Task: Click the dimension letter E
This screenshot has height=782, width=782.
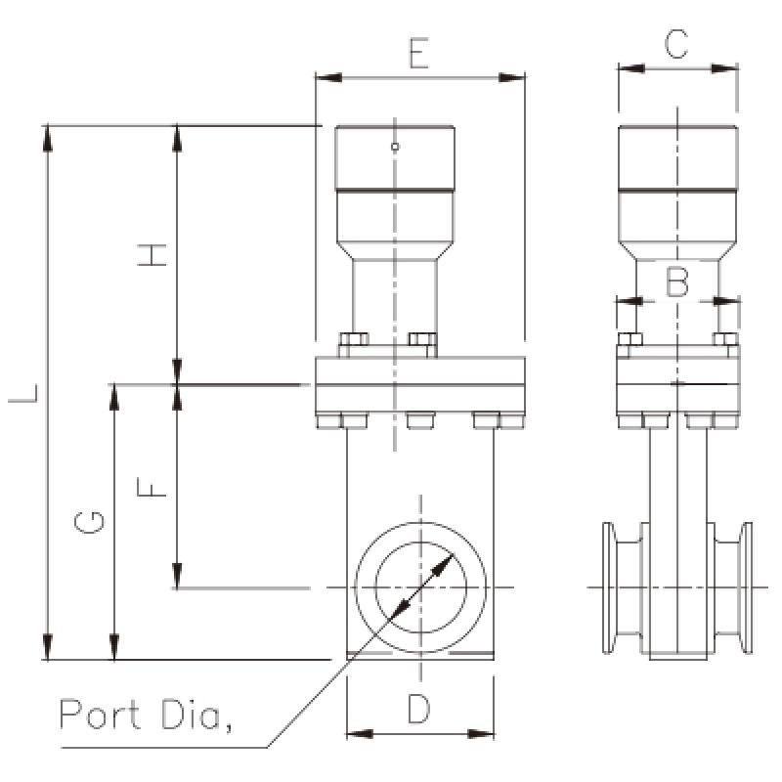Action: point(418,54)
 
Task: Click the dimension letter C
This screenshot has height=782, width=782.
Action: point(676,44)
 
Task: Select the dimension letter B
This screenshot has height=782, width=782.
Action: point(677,282)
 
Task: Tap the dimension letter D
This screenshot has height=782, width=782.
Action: point(418,710)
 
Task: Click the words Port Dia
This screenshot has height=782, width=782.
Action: point(147,715)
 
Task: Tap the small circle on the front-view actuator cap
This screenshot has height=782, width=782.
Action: point(395,148)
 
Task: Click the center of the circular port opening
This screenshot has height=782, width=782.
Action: point(420,586)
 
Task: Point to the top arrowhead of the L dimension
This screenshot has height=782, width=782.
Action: point(47,136)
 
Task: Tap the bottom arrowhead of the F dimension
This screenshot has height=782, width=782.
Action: point(177,577)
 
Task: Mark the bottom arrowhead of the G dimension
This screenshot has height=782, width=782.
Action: point(114,648)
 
